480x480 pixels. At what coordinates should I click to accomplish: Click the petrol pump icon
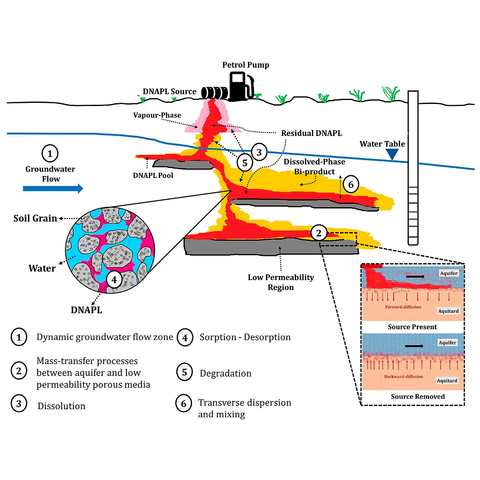pyautogui.click(x=241, y=86)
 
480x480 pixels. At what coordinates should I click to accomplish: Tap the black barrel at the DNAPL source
pyautogui.click(x=214, y=93)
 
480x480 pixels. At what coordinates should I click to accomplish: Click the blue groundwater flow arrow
pyautogui.click(x=53, y=188)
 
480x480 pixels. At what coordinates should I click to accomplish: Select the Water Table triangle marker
pyautogui.click(x=392, y=154)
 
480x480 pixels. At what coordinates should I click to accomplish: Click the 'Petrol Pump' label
pyautogui.click(x=246, y=65)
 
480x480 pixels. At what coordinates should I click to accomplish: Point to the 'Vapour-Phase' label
pyautogui.click(x=157, y=115)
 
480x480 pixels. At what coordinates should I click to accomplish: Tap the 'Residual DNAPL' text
pyautogui.click(x=311, y=133)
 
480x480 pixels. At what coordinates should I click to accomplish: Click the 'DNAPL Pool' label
pyautogui.click(x=153, y=175)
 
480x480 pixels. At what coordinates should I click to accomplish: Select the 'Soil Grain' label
pyautogui.click(x=35, y=218)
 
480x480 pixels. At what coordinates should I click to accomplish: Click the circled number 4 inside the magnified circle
pyautogui.click(x=114, y=280)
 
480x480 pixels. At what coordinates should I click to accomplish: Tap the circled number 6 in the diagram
pyautogui.click(x=351, y=184)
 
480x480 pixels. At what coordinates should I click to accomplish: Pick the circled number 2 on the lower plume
pyautogui.click(x=318, y=233)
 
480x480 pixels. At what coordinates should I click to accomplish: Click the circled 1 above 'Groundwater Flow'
pyautogui.click(x=50, y=154)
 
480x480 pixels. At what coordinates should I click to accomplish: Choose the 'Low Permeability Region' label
pyautogui.click(x=281, y=282)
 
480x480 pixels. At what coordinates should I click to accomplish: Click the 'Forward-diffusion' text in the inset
pyautogui.click(x=403, y=307)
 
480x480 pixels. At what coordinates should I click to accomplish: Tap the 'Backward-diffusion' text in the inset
pyautogui.click(x=404, y=376)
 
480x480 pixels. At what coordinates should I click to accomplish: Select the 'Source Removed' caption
pyautogui.click(x=418, y=396)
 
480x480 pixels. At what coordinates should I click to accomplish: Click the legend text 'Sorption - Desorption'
pyautogui.click(x=245, y=337)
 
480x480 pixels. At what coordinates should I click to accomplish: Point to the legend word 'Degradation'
pyautogui.click(x=226, y=373)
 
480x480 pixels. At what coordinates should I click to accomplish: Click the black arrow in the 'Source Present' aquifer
pyautogui.click(x=415, y=276)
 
